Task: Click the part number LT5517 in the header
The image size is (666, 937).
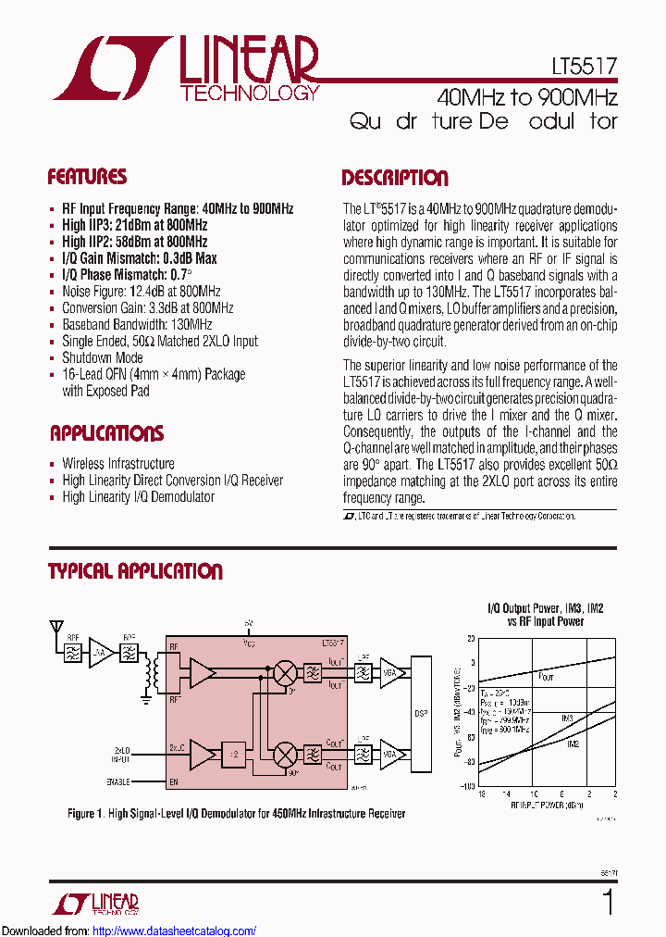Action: tap(581, 66)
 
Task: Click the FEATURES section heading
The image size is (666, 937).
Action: tap(87, 177)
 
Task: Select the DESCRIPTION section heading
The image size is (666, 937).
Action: tap(395, 178)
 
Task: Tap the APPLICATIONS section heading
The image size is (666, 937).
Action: tap(106, 433)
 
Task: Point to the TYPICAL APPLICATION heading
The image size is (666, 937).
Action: tap(135, 571)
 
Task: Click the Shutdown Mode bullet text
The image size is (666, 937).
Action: tap(102, 357)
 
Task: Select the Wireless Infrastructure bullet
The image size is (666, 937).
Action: tap(117, 463)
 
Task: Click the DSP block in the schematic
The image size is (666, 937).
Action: tap(421, 714)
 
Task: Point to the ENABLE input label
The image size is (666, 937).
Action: tap(117, 782)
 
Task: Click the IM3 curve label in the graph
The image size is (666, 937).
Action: tap(567, 718)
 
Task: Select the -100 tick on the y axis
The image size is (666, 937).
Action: tap(468, 785)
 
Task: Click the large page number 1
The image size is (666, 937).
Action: tap(607, 902)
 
